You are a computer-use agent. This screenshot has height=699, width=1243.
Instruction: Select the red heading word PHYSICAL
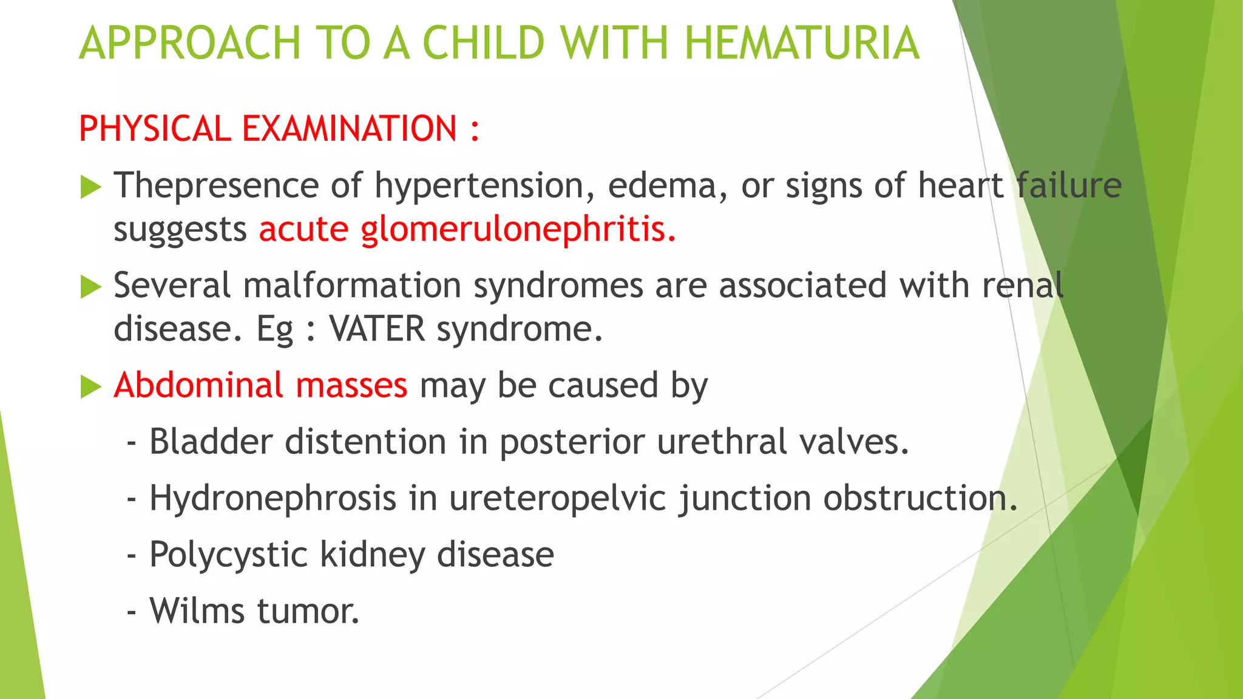(x=154, y=129)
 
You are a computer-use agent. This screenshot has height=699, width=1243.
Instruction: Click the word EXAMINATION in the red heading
(x=349, y=129)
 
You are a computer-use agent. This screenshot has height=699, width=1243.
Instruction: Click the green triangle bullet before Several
(x=90, y=287)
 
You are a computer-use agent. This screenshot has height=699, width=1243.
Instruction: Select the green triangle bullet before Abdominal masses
(x=90, y=387)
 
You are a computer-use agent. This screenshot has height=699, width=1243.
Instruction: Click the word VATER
(x=377, y=329)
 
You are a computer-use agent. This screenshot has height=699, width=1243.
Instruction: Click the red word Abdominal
(x=198, y=385)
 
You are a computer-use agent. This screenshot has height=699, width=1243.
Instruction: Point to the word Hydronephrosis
(x=273, y=499)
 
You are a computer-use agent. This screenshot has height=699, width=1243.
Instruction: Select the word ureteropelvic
(x=557, y=499)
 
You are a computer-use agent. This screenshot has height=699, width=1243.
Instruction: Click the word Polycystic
(x=228, y=555)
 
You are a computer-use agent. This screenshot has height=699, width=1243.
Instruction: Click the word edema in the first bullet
(x=661, y=186)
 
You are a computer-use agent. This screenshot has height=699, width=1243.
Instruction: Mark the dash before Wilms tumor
(x=131, y=612)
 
